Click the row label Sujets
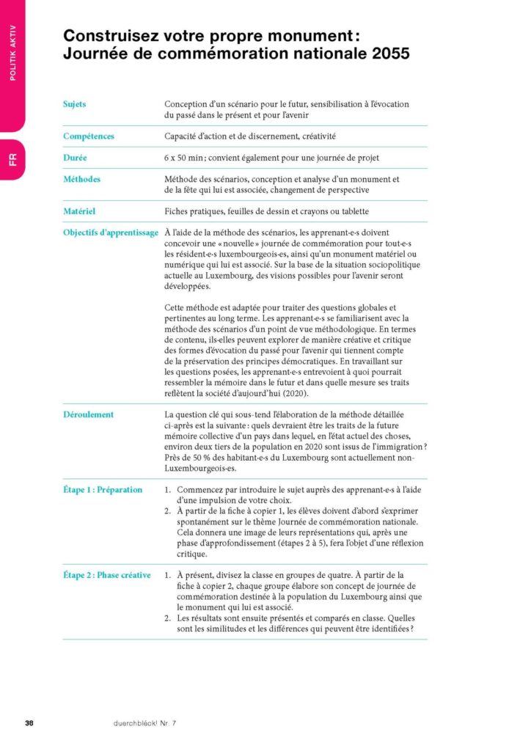coord(74,104)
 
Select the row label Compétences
coord(88,136)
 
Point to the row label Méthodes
coord(81,179)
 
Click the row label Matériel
coord(79,211)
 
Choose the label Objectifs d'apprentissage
coord(110,232)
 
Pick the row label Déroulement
coord(88,414)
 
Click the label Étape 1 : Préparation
coord(102,489)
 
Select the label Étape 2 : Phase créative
coord(106,575)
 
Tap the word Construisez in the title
coord(108,34)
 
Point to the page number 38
coord(29,723)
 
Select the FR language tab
coord(12,158)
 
